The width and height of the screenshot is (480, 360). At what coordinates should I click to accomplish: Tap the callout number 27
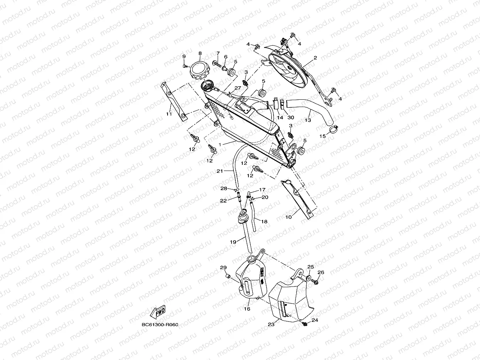[x=237, y=88]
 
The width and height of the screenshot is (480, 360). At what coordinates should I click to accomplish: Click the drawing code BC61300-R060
[x=160, y=325]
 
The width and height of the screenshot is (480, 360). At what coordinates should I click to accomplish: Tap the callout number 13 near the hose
[x=308, y=120]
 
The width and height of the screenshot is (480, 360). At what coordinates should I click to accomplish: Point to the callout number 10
[x=289, y=217]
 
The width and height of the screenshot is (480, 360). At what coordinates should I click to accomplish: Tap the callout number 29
[x=223, y=268]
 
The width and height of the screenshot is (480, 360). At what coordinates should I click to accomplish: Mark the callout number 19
[x=233, y=242]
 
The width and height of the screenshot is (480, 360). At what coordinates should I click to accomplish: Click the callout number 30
[x=291, y=117]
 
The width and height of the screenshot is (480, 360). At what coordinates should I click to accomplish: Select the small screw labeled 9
[x=185, y=66]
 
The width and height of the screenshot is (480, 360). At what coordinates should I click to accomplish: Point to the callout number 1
[x=220, y=144]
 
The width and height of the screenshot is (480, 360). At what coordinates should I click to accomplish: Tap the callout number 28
[x=224, y=188]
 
